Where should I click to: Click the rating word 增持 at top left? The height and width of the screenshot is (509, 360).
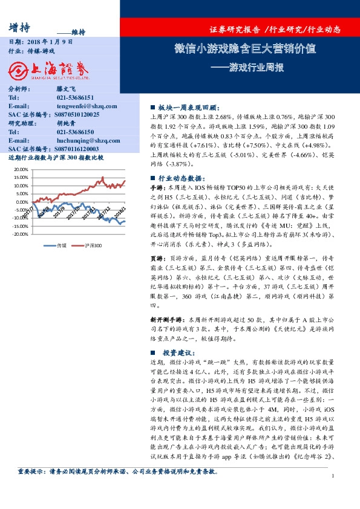(x=21, y=27)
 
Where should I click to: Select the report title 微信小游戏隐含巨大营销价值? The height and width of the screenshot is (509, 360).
(x=244, y=49)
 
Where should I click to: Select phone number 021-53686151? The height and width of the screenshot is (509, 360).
(x=75, y=97)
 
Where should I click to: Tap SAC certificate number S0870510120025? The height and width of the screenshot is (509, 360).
(x=77, y=114)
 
